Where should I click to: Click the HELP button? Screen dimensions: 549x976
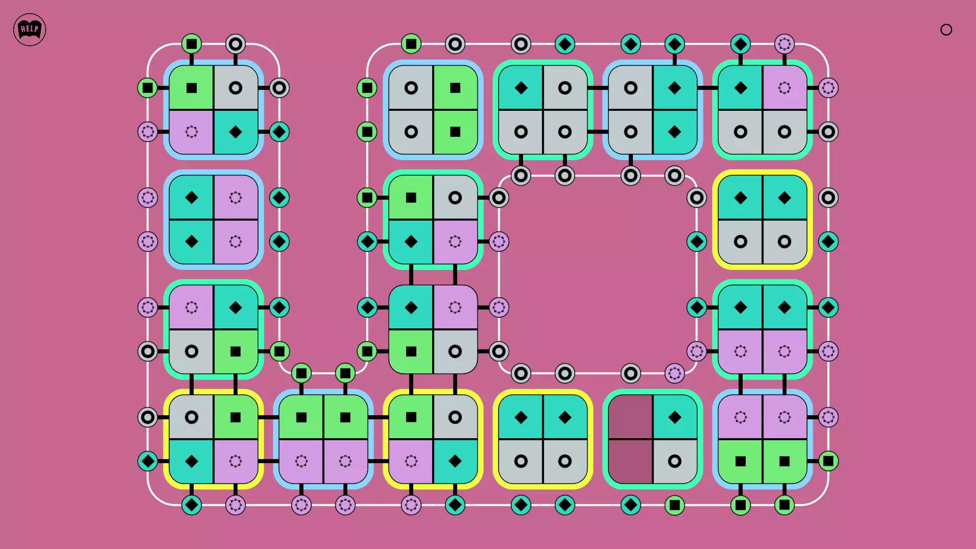29,29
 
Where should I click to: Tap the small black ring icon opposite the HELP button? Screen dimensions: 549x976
946,30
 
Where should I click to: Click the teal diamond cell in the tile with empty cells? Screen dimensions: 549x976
675,417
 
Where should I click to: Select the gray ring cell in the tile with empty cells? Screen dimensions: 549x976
675,461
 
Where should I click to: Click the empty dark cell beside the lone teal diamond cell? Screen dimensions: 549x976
631,417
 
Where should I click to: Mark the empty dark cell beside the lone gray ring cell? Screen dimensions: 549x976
631,461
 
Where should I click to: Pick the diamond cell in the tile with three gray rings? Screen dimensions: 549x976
521,88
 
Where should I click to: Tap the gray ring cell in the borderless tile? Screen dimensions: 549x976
455,351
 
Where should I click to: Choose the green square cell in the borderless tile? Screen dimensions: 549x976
411,351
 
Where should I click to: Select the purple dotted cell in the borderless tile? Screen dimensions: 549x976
455,308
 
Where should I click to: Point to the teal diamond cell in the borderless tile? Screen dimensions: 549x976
411,308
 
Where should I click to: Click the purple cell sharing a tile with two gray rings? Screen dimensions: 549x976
784,88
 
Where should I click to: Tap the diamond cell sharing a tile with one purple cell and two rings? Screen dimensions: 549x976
741,88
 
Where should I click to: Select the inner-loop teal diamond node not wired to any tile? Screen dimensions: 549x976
696,241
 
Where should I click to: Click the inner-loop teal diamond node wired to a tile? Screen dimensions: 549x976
696,308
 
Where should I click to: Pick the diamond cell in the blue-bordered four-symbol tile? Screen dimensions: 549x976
235,132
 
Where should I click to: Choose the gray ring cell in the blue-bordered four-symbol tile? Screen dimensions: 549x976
235,88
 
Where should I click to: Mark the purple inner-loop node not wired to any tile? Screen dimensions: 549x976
675,374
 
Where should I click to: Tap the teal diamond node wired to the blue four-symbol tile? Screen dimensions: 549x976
279,132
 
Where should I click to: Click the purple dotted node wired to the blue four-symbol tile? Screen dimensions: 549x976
148,132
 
